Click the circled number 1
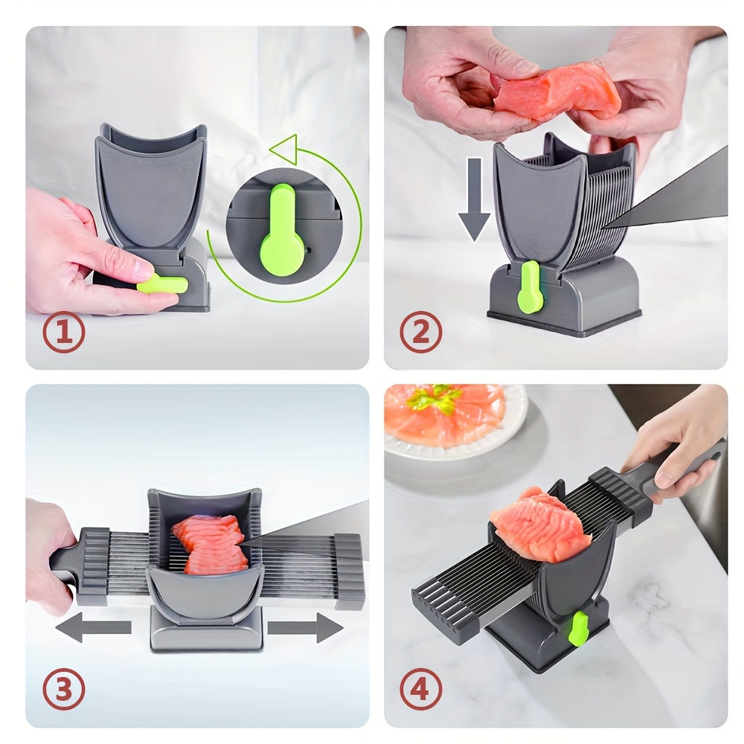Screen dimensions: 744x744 pyautogui.click(x=63, y=332)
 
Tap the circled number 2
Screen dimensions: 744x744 pyautogui.click(x=421, y=332)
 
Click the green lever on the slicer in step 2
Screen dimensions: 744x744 pyautogui.click(x=530, y=286)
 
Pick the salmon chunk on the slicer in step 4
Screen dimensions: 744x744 pyautogui.click(x=533, y=525)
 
